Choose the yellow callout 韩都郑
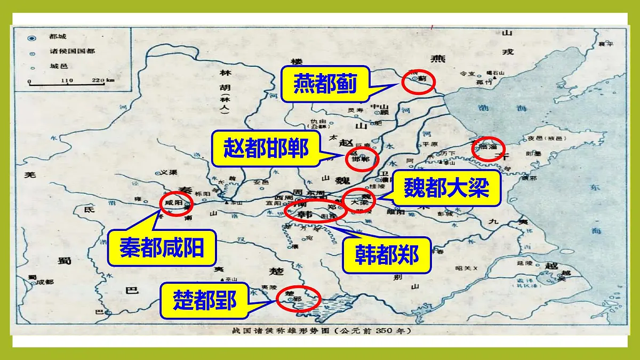[386, 255]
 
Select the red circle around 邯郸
[362, 157]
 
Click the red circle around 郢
[299, 300]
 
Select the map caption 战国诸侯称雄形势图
[320, 331]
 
